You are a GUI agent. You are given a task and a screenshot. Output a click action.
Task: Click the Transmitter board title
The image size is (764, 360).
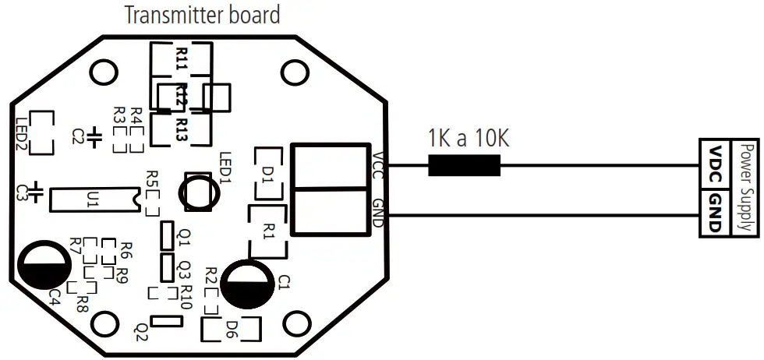click(203, 15)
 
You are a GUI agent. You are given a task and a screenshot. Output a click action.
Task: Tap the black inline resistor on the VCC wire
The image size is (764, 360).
click(464, 165)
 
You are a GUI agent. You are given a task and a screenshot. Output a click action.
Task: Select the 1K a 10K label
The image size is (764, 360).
click(469, 139)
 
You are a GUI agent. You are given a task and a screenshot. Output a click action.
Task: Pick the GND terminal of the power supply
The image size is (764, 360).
click(716, 212)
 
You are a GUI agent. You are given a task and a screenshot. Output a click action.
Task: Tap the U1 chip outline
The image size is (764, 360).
click(94, 199)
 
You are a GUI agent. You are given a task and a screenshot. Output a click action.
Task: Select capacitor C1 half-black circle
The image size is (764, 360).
click(247, 284)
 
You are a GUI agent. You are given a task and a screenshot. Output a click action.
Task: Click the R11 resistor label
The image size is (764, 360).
click(182, 58)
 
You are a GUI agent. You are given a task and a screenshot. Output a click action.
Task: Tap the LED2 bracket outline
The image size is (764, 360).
click(41, 132)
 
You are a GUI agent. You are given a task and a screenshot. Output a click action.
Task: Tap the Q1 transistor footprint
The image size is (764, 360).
click(166, 235)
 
